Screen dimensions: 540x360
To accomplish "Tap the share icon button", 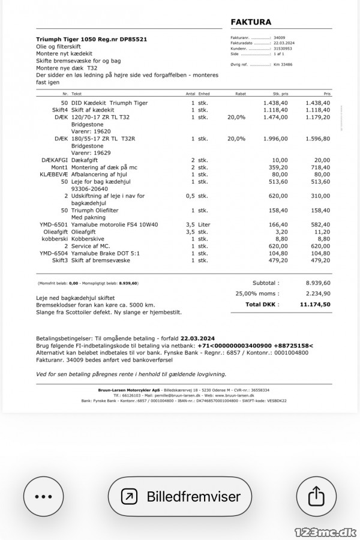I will [316, 496].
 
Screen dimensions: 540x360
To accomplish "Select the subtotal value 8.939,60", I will [318, 283].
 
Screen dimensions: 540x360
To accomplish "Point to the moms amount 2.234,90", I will [318, 293].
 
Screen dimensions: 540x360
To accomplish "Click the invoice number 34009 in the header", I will [280, 38].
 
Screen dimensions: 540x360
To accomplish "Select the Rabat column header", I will [241, 94].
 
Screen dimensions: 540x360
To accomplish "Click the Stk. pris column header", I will [280, 94].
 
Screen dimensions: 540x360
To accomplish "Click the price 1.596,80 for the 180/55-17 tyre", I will [318, 139].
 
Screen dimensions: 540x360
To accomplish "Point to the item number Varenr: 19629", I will [91, 152].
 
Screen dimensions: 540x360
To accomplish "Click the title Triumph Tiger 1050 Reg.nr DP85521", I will [92, 39].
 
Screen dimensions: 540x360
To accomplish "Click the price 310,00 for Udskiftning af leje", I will [319, 196].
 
